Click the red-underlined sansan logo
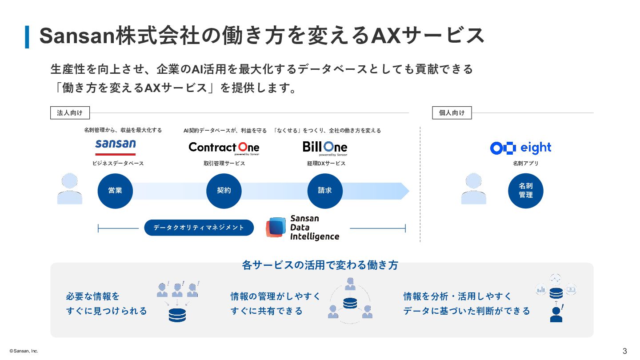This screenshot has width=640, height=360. click(116, 147)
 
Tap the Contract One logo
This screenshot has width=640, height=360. click(224, 148)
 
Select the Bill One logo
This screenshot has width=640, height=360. click(325, 148)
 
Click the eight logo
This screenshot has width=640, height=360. click(520, 148)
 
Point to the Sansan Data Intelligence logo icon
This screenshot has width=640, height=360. click(276, 228)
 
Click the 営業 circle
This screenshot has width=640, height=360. click(115, 191)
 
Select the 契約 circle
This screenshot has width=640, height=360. click(224, 191)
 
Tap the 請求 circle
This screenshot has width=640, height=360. click(325, 191)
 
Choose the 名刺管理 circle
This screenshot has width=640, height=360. click(526, 191)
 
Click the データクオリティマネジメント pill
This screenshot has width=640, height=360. click(199, 228)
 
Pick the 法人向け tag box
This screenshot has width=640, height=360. click(70, 113)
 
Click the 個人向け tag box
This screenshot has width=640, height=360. click(452, 113)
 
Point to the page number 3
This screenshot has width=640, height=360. click(624, 351)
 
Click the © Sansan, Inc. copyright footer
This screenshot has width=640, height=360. click(21, 351)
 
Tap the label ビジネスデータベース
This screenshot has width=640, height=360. click(118, 164)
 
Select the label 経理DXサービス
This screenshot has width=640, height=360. click(326, 164)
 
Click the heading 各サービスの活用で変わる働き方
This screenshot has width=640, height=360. click(320, 265)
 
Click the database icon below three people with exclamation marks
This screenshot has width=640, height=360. click(177, 315)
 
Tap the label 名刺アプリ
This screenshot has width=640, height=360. click(525, 164)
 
